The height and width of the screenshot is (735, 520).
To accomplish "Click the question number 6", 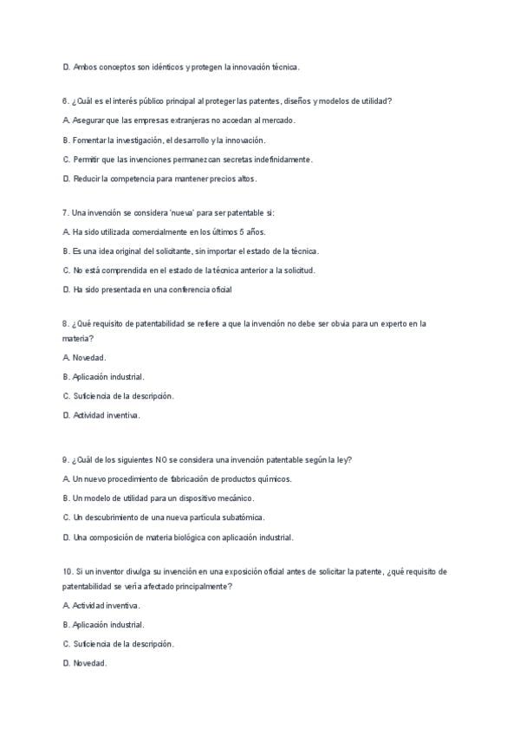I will pyautogui.click(x=66, y=101).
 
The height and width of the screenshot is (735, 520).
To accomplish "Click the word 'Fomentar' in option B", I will pyautogui.click(x=90, y=140).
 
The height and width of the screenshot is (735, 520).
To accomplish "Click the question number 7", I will pyautogui.click(x=66, y=212).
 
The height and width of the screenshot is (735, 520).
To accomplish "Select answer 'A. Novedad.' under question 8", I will pyautogui.click(x=85, y=357).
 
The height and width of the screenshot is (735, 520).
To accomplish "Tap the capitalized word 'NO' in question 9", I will pyautogui.click(x=162, y=459).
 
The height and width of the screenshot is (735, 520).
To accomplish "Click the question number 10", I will pyautogui.click(x=68, y=571).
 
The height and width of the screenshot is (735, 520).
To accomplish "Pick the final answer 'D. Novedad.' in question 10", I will pyautogui.click(x=85, y=663).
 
